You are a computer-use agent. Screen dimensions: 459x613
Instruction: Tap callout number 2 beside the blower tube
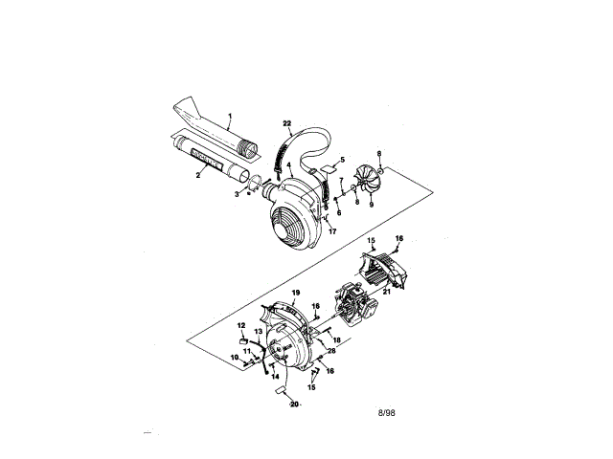point(198,175)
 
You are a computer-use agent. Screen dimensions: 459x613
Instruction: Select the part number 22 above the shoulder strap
point(287,123)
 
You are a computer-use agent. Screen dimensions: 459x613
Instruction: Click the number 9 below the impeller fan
point(372,203)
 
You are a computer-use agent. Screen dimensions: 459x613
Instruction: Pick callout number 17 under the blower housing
point(332,230)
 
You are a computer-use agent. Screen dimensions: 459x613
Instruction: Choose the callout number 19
point(296,291)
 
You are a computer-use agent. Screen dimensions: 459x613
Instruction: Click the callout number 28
point(331,351)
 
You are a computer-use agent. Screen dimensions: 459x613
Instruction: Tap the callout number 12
point(242,325)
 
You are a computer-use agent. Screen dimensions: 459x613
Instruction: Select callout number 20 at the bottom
point(293,404)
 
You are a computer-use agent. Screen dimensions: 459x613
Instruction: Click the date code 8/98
point(386,412)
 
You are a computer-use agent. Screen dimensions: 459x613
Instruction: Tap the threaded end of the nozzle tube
point(249,151)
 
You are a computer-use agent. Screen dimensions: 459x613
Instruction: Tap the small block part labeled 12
point(244,338)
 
